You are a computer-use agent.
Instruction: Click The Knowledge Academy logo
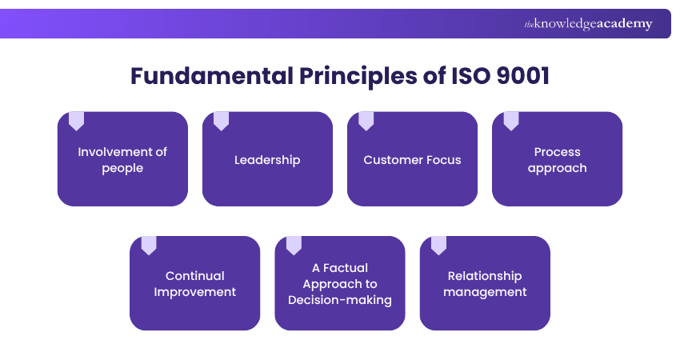coord(588,24)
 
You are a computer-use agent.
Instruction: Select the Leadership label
coord(267,160)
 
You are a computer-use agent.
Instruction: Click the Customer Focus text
coord(412,160)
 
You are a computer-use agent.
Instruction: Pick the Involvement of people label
coord(122,160)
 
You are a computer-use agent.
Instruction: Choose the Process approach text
coord(557,160)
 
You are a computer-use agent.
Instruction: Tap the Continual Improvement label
coord(195,284)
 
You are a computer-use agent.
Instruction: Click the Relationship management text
coord(485,284)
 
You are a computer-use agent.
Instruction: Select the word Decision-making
coord(340,300)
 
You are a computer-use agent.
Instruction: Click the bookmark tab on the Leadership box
coord(221,121)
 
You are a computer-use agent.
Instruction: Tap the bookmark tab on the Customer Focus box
coord(366,121)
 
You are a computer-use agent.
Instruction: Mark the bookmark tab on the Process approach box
coord(510,121)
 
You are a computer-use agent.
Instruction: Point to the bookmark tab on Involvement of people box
coord(76,121)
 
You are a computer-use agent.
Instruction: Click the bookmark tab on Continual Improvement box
coord(149,245)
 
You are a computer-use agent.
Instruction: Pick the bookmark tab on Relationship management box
coord(438,245)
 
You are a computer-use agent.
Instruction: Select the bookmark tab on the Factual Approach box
coord(294,245)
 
